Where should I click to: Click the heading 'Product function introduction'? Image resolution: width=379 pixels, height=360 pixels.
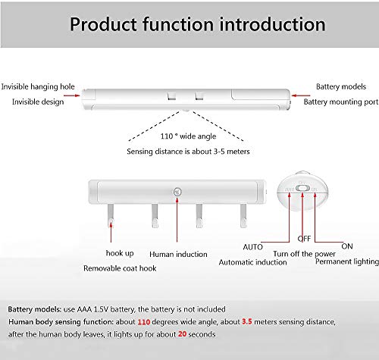click(x=198, y=24)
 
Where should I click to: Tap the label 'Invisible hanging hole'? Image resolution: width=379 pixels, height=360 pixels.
click(x=38, y=86)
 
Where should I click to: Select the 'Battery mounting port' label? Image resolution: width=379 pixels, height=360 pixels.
click(x=341, y=102)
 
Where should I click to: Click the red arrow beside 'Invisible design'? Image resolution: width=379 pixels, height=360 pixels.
click(x=72, y=95)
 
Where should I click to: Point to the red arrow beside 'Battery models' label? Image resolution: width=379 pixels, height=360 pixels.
click(x=301, y=95)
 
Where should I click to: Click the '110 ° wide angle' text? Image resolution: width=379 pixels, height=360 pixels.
click(x=188, y=136)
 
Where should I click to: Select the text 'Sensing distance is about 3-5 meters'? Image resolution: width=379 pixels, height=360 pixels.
click(x=188, y=152)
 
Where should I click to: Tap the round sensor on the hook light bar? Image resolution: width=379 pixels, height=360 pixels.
click(x=177, y=192)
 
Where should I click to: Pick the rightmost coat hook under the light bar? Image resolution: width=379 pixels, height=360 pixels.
click(x=243, y=215)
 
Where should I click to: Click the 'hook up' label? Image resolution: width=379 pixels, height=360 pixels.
click(x=120, y=253)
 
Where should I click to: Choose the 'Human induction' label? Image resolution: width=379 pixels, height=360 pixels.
click(x=178, y=254)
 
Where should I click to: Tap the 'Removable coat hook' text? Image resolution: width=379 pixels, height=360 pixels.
click(x=120, y=268)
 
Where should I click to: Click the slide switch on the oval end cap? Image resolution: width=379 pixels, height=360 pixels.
click(x=302, y=189)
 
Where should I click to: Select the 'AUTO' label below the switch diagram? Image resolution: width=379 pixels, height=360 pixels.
click(x=252, y=247)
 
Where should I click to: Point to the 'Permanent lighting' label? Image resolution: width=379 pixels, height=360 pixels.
click(x=347, y=261)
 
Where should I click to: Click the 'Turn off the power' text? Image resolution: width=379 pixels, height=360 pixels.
click(x=304, y=254)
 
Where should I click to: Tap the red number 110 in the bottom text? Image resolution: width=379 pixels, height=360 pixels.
click(x=144, y=322)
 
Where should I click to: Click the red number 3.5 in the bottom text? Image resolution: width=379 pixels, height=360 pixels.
click(x=247, y=321)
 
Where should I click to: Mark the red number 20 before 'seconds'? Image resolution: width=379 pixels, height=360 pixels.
click(x=182, y=334)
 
